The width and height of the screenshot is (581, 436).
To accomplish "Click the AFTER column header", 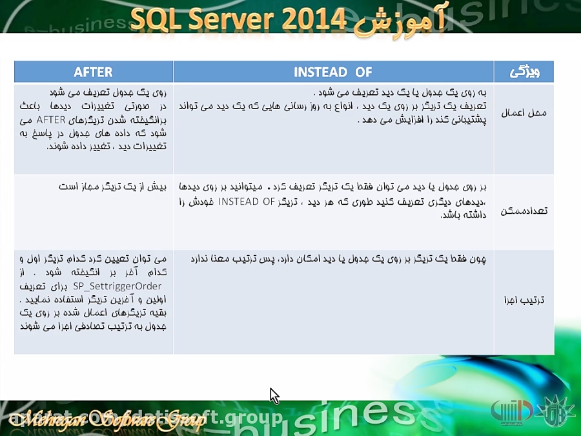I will click(94, 72).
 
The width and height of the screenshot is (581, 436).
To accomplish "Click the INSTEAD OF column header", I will click(333, 72).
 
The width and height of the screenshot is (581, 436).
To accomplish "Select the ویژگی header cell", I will click(524, 72).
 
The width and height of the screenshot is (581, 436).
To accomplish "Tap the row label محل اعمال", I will click(524, 113).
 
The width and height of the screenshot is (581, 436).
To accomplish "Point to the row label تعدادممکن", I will click(524, 211).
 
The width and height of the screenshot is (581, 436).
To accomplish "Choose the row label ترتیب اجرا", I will click(524, 300).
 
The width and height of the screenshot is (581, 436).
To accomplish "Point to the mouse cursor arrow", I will click(274, 394).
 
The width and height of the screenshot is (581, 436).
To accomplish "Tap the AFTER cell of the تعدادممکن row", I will click(94, 187).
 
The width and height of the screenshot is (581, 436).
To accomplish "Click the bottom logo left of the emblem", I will click(512, 410).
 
